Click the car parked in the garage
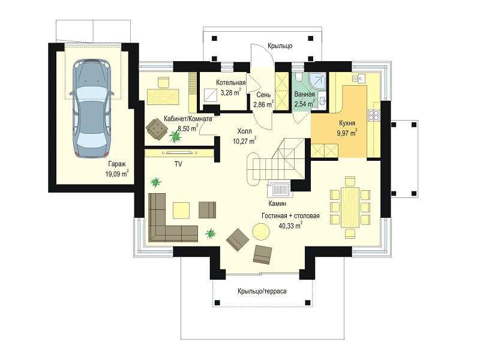pos(91,109)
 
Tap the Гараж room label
pos(117,164)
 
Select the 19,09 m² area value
pos(117,174)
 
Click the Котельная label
pos(231,83)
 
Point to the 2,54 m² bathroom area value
pos(305,104)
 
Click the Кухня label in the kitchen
pos(347,123)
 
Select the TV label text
pos(178,164)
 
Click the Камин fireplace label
pos(277,203)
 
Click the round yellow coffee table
pos(261,232)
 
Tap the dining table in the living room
pos(350,208)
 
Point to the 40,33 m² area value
pos(290,226)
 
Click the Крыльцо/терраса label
pos(262,291)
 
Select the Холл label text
pos(245,131)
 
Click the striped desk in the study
pos(163,97)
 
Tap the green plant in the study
pos(175,137)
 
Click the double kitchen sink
pos(358,79)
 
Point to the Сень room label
pos(263,95)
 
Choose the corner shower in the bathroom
pos(317,80)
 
